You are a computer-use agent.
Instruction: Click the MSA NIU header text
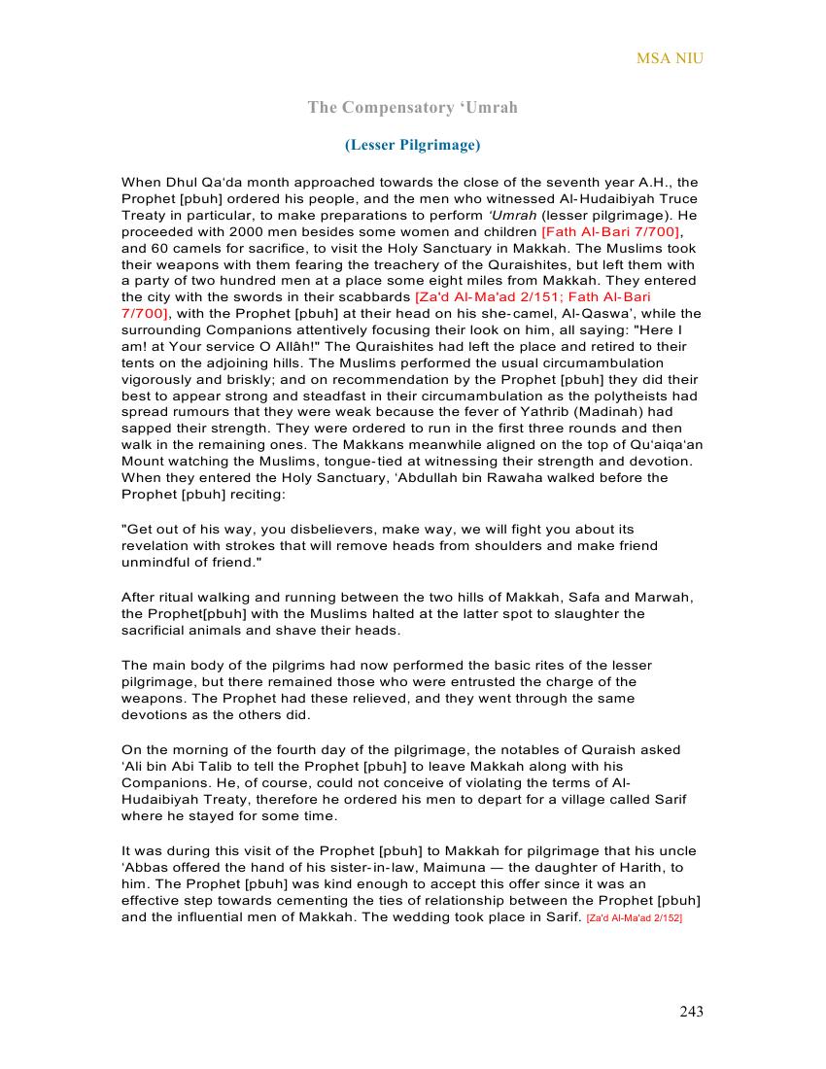(670, 58)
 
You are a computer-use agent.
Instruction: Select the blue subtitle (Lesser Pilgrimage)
(412, 145)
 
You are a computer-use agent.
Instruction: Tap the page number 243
(691, 1012)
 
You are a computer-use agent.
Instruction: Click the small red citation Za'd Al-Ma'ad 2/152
(635, 917)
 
